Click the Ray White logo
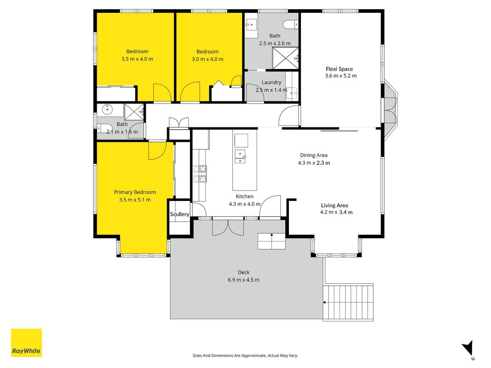click(x=26, y=343)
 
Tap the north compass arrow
click(x=468, y=348)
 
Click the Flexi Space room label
click(x=339, y=69)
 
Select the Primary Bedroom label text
click(x=135, y=192)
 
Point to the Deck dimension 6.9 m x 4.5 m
click(x=243, y=280)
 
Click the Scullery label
click(x=179, y=214)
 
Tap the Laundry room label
click(x=271, y=82)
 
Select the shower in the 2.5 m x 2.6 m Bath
click(x=285, y=58)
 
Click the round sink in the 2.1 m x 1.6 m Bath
click(x=107, y=110)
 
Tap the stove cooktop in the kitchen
click(x=200, y=174)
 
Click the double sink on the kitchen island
click(x=241, y=156)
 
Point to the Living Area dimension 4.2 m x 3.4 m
click(x=336, y=212)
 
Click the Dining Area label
click(x=314, y=155)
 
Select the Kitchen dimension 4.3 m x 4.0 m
click(x=244, y=204)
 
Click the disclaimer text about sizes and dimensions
click(x=245, y=356)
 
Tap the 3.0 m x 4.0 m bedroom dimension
click(x=208, y=59)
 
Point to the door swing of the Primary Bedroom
click(x=157, y=150)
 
